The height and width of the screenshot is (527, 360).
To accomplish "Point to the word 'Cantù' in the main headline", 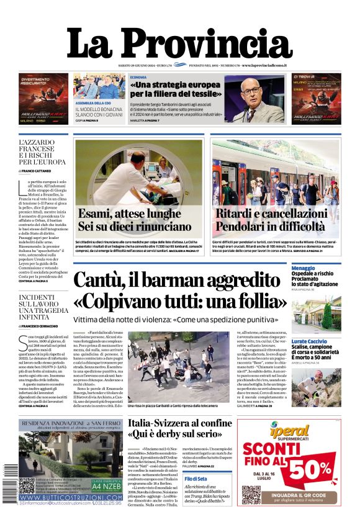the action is point(99,281).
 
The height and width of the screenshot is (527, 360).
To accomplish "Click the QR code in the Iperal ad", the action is point(251,494).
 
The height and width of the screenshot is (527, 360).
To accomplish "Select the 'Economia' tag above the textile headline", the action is point(138,77).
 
